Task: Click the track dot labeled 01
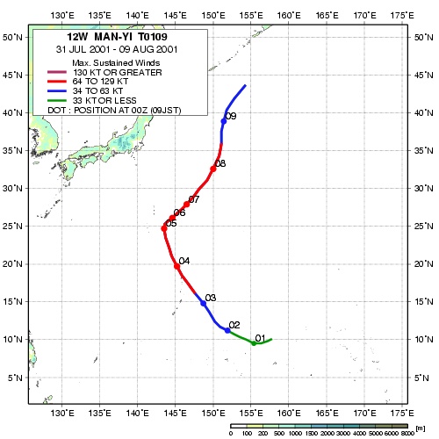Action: click(x=254, y=343)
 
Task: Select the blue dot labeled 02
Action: click(x=227, y=330)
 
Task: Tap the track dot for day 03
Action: click(x=204, y=304)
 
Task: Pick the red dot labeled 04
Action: click(x=176, y=266)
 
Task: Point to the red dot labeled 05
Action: click(x=164, y=228)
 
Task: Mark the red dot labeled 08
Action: click(x=213, y=169)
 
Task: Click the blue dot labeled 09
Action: click(x=224, y=121)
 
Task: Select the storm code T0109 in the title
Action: click(x=153, y=37)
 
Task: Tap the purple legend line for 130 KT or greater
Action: click(x=57, y=72)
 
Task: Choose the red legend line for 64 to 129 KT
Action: click(x=57, y=82)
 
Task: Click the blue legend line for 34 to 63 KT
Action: click(x=57, y=91)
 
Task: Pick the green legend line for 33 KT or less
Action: click(x=57, y=101)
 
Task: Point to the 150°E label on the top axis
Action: click(x=213, y=15)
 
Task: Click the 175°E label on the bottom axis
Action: click(x=402, y=413)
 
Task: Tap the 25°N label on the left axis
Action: click(x=12, y=226)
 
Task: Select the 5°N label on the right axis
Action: click(x=421, y=378)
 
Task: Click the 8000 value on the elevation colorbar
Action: click(x=407, y=433)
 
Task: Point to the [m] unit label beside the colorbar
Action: click(x=421, y=428)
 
